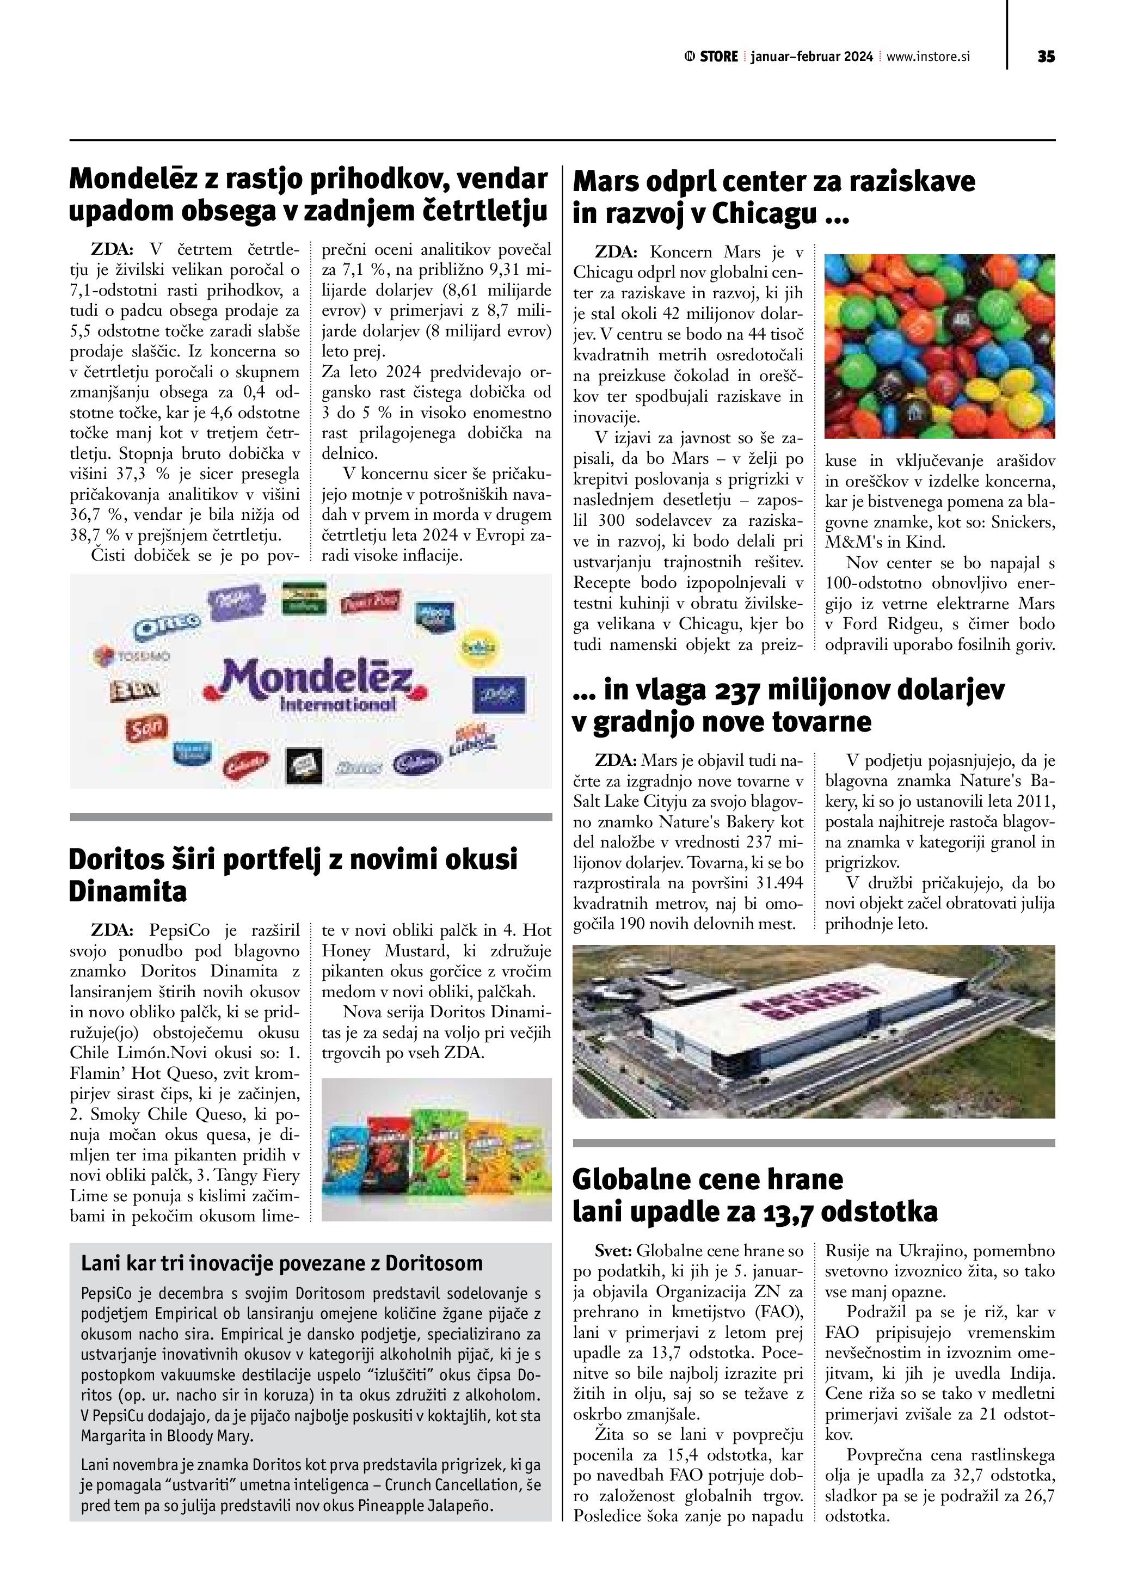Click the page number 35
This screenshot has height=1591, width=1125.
pos(1046,57)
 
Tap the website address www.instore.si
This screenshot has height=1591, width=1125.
pos(929,57)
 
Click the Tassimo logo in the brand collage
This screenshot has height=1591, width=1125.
pos(132,655)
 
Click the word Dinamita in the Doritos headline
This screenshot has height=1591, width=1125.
pos(127,891)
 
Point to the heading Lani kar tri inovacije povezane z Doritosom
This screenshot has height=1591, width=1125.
pos(281,1263)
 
